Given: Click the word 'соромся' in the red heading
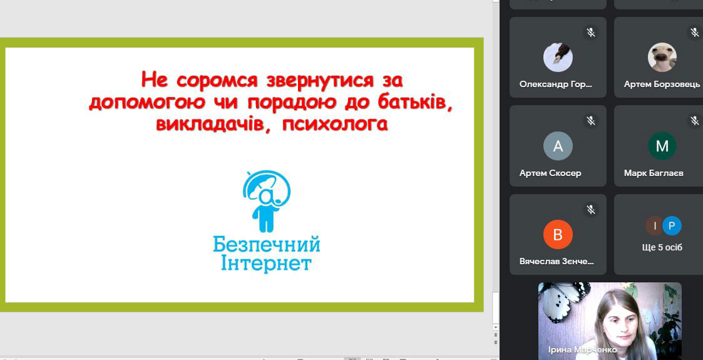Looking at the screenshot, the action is (217, 80).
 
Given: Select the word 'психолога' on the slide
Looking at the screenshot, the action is (335, 124).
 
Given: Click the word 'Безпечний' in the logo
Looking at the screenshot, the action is (266, 245).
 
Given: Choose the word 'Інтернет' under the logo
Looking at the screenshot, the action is (266, 264).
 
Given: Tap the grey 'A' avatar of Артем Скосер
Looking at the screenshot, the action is (558, 146).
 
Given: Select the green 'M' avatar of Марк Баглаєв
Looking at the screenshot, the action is (662, 146).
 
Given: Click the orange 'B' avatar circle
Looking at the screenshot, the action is (558, 235).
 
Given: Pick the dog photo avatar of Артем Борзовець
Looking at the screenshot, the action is (662, 57).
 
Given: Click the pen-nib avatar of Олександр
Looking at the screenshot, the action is (558, 57).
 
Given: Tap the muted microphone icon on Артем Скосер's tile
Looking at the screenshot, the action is (592, 121).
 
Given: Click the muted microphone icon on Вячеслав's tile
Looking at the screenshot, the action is (592, 209).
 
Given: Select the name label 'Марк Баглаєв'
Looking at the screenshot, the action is (654, 173).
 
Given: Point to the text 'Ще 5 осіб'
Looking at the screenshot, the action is (662, 247).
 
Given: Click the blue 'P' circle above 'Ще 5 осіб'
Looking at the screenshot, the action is (672, 225).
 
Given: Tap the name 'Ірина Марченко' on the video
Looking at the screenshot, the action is (582, 350).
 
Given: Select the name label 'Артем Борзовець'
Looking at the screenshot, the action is (662, 85).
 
